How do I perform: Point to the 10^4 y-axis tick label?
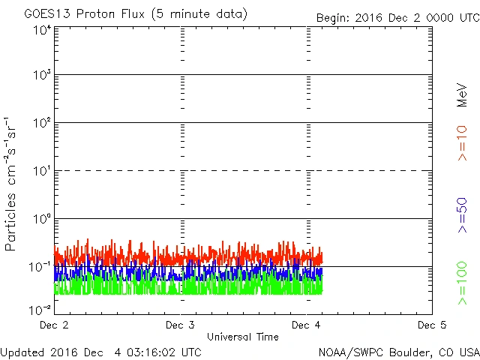coord(41,31)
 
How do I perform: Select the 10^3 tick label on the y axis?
coord(41,76)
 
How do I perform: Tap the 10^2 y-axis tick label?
coord(41,124)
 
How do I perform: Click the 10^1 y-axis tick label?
coord(41,172)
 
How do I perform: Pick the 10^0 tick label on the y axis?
coord(41,220)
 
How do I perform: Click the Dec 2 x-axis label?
coord(55,325)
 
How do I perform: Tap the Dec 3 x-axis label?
coord(181,325)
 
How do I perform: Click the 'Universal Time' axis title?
coord(243,337)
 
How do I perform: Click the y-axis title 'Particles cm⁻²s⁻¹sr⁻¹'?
coord(10,184)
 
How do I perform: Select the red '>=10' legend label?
coord(463,142)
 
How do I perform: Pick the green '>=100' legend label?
coord(463,283)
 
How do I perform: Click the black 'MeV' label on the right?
coord(463,94)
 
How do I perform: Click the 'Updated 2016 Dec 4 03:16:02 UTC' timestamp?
coord(101,351)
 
